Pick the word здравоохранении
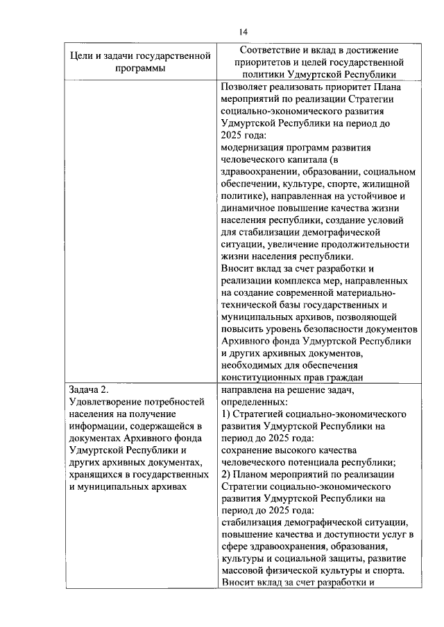tap(257, 172)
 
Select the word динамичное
tap(246, 208)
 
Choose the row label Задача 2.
tap(89, 389)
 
